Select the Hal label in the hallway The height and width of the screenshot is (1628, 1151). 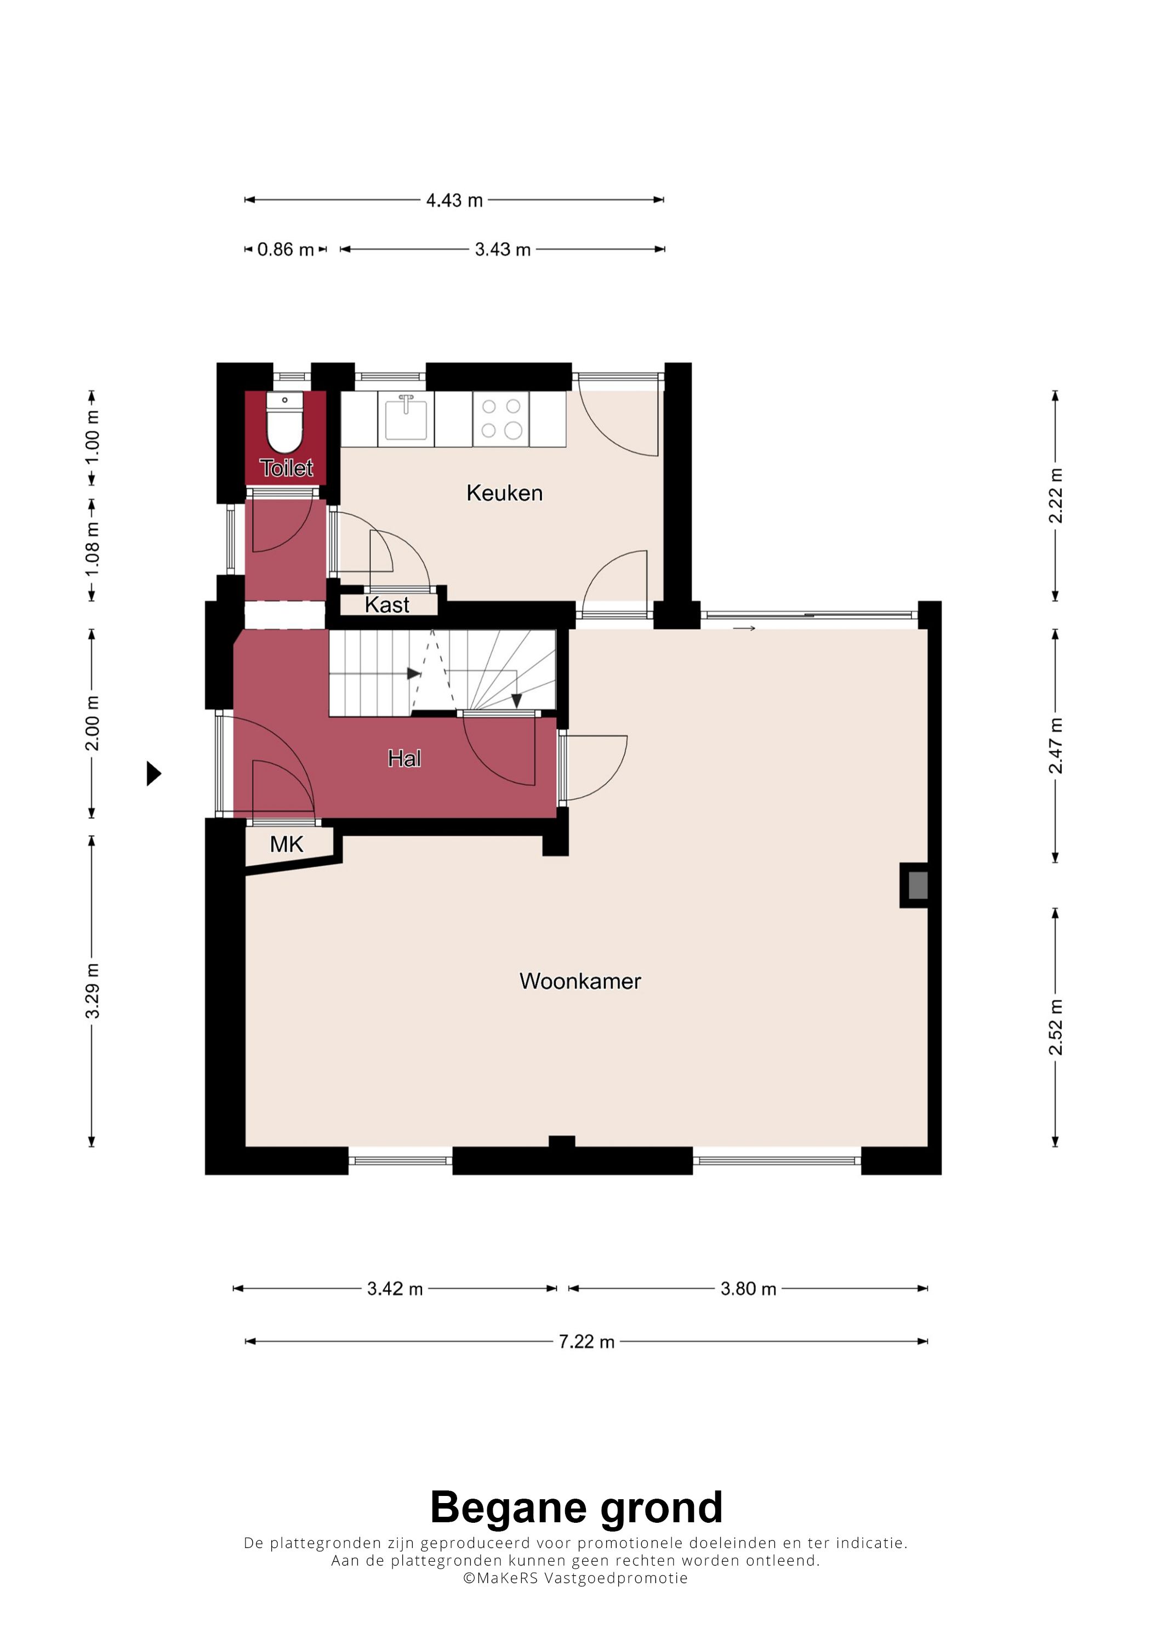click(404, 759)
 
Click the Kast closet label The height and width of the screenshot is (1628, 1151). click(387, 605)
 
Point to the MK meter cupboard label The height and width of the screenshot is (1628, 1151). click(287, 844)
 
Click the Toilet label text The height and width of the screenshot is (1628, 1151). click(287, 468)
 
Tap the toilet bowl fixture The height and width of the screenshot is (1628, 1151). click(284, 424)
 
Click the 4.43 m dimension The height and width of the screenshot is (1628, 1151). click(454, 201)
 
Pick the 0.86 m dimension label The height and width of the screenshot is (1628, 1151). click(285, 249)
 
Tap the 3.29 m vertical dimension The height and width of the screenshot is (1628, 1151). click(92, 991)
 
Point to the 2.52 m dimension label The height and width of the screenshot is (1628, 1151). click(1056, 1027)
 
